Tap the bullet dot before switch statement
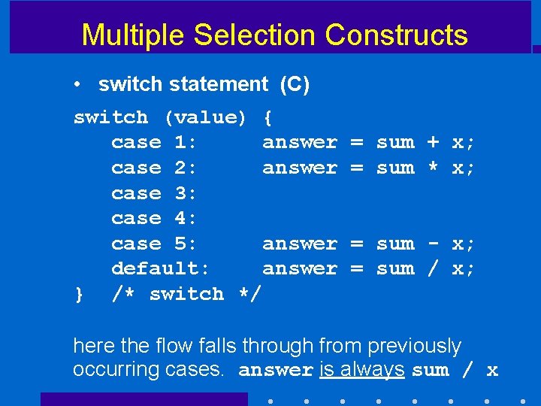click(x=78, y=86)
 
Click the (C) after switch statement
click(x=294, y=85)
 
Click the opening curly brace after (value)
click(x=268, y=117)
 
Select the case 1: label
click(x=154, y=142)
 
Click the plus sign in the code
click(x=433, y=142)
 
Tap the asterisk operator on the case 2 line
click(x=433, y=168)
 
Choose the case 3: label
click(x=154, y=193)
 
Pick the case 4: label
click(x=154, y=218)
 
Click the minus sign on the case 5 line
click(x=433, y=244)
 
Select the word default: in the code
click(x=161, y=268)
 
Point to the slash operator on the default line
click(x=433, y=268)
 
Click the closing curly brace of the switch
click(x=79, y=294)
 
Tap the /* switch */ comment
click(x=186, y=294)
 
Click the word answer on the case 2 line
click(x=299, y=168)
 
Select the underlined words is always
click(x=361, y=369)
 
